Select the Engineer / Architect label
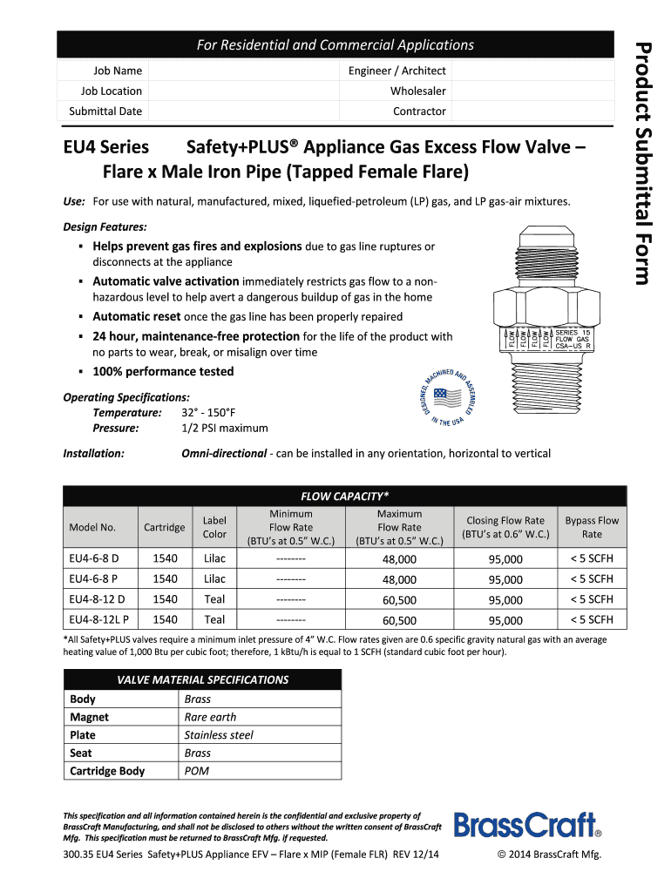click(396, 71)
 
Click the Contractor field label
click(419, 111)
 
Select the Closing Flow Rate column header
click(505, 527)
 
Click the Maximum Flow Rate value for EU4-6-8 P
click(399, 579)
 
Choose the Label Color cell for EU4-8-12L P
click(214, 619)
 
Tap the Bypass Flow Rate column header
click(592, 527)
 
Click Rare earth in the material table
click(210, 717)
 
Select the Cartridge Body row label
click(107, 771)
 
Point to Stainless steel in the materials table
click(219, 735)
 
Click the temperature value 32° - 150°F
click(208, 412)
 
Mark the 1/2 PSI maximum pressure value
click(225, 428)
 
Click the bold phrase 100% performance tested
click(163, 372)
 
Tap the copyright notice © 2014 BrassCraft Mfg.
click(549, 855)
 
